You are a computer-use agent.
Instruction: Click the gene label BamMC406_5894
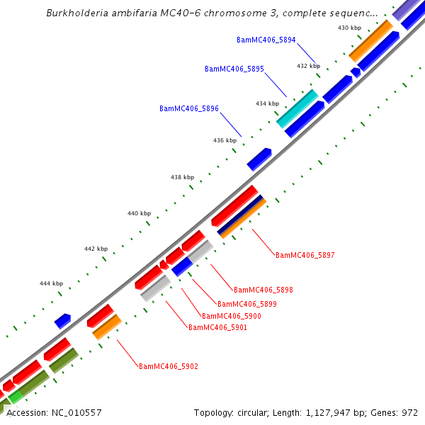(x=266, y=40)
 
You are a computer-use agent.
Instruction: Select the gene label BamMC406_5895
(x=234, y=69)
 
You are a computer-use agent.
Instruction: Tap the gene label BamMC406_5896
(x=188, y=109)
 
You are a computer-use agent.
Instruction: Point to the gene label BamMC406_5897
(x=305, y=255)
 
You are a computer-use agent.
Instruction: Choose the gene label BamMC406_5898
(x=263, y=290)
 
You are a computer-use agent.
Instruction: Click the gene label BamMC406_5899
(x=246, y=304)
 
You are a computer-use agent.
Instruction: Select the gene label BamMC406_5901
(x=217, y=327)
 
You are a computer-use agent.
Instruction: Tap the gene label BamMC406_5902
(x=168, y=367)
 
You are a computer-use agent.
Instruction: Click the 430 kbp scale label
(x=348, y=28)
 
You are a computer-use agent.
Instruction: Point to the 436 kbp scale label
(x=225, y=140)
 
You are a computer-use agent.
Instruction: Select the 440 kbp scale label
(x=139, y=213)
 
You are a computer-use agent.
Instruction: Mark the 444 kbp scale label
(x=51, y=283)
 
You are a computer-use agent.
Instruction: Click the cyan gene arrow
(x=297, y=108)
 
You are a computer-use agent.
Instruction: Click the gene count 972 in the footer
(x=410, y=412)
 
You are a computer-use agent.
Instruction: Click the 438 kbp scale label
(x=182, y=177)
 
